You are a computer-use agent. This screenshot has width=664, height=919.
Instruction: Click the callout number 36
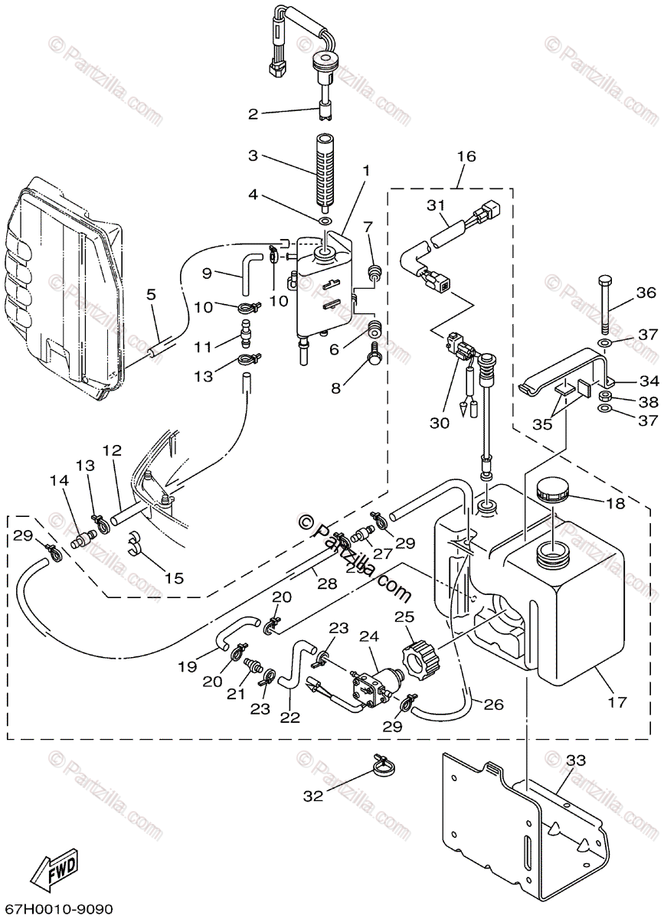(646, 293)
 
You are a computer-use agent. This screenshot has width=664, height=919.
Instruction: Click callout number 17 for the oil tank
(618, 702)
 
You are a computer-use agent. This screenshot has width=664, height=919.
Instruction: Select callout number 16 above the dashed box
(466, 157)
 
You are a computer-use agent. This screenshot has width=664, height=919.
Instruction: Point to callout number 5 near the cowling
(151, 293)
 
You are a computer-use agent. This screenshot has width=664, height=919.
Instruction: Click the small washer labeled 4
(326, 221)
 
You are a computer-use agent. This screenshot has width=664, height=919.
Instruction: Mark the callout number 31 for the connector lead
(436, 205)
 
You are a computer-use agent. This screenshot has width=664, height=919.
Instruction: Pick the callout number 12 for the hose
(113, 453)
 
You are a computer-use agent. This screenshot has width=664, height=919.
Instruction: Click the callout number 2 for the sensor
(253, 115)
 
